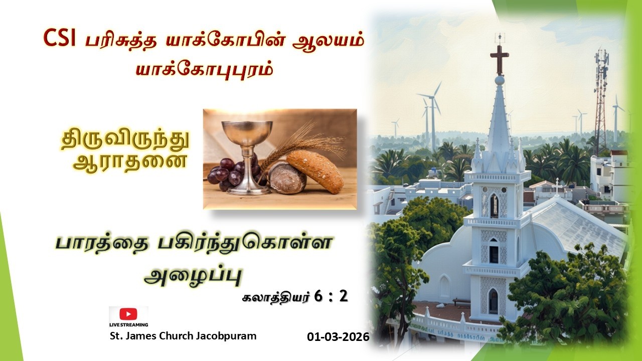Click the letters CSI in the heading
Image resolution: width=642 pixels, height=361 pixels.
pyautogui.click(x=59, y=38)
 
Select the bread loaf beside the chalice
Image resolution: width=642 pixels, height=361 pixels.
pyautogui.click(x=315, y=170)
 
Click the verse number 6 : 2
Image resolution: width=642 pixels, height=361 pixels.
pyautogui.click(x=331, y=296)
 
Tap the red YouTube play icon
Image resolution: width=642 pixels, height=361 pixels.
pyautogui.click(x=128, y=314)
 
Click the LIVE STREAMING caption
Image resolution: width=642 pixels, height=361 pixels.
pyautogui.click(x=128, y=325)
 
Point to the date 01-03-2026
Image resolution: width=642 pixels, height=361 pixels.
pyautogui.click(x=338, y=337)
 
